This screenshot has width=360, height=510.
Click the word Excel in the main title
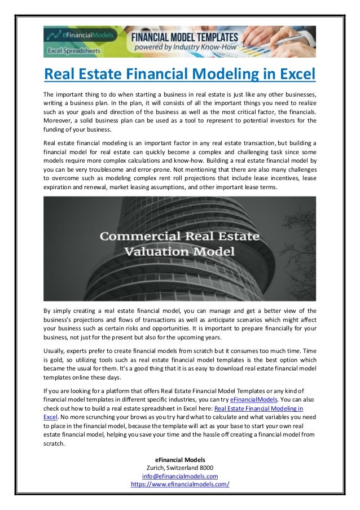point(291,74)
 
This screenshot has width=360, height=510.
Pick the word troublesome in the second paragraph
point(100,169)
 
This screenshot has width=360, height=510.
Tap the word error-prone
point(155,169)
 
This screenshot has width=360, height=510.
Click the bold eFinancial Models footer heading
point(180,460)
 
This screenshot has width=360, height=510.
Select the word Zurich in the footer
point(158,468)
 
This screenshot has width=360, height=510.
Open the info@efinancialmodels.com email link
point(180,477)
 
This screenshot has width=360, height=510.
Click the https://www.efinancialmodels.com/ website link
point(180,485)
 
